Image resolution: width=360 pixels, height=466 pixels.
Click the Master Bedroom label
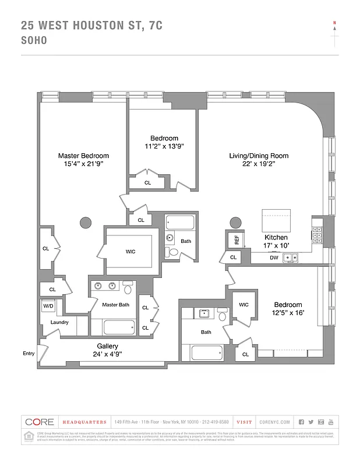(83, 156)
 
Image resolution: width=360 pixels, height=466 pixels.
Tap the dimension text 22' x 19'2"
(258, 164)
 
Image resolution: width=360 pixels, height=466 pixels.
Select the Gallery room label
(107, 345)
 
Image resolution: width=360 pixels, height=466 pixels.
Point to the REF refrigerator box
(237, 239)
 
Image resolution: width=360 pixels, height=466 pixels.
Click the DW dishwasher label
(274, 257)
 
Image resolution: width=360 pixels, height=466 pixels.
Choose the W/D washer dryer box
(48, 306)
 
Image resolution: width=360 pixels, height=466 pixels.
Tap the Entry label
(29, 353)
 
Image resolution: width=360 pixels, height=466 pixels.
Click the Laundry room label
(59, 322)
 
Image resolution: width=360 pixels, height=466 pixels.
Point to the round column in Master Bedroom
(86, 223)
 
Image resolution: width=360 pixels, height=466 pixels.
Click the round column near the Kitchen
(235, 223)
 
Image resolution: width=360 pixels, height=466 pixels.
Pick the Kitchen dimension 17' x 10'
(276, 246)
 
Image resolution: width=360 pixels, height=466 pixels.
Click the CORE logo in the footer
(39, 422)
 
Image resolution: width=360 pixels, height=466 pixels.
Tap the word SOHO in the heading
(34, 41)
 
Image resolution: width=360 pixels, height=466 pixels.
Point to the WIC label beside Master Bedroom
(131, 252)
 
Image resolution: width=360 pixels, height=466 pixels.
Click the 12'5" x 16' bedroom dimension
(288, 313)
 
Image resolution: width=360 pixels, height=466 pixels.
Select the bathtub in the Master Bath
(119, 327)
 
